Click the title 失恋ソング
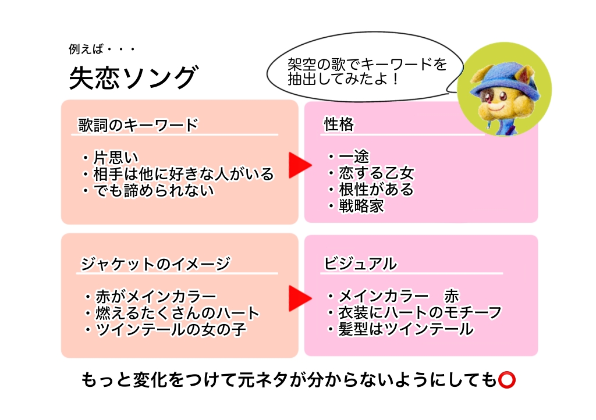coord(134,78)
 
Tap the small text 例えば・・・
coord(102,49)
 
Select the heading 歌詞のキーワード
coord(139,125)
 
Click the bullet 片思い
coord(111,157)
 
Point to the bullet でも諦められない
coord(148,190)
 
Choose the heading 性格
coord(339,124)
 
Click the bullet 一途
coord(349,156)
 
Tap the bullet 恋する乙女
coord(371,173)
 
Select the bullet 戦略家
coord(356,206)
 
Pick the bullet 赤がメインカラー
coord(151,296)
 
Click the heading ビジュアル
coord(360,264)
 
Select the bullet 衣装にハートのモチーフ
coord(415,312)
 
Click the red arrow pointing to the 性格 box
coord(300,165)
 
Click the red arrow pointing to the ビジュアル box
coord(300,298)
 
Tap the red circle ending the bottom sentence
coord(507,380)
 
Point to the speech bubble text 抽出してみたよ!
coord(343,79)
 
